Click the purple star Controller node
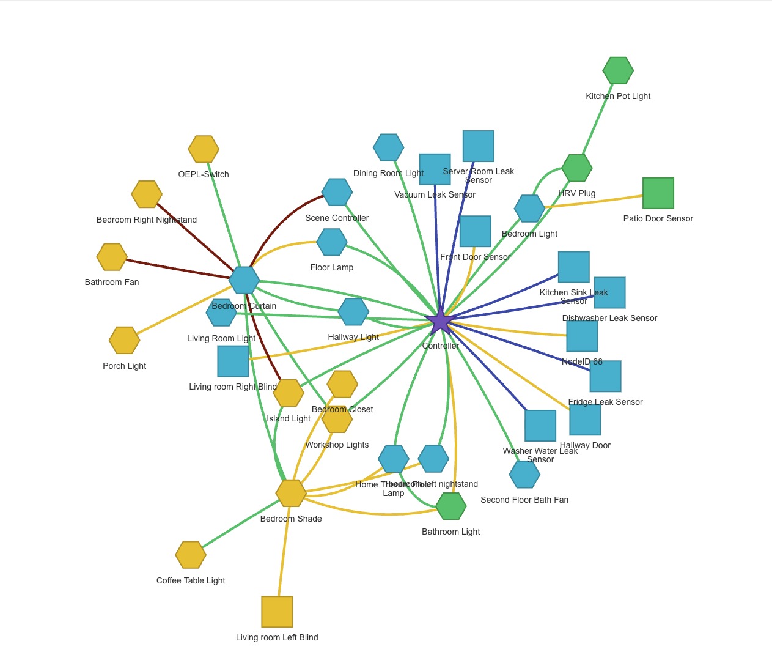(x=440, y=321)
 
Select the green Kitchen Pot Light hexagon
(x=618, y=71)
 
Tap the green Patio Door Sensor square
(x=658, y=193)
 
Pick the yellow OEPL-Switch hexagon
(x=204, y=149)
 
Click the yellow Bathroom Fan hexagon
(x=112, y=257)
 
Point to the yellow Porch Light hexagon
(x=125, y=340)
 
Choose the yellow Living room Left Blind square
(x=277, y=612)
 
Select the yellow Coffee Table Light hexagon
(x=191, y=555)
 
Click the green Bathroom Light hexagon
(x=451, y=506)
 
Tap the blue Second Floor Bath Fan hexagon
(x=524, y=474)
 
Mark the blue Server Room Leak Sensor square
(x=478, y=146)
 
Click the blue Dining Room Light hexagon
(x=389, y=147)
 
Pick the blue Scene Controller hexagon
(x=337, y=192)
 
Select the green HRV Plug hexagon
(x=577, y=168)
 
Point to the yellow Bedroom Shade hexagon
(x=291, y=493)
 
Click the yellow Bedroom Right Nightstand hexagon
(x=147, y=194)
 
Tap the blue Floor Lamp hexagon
(x=332, y=242)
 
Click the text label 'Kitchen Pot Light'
(x=618, y=96)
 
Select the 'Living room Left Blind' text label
(x=277, y=637)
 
